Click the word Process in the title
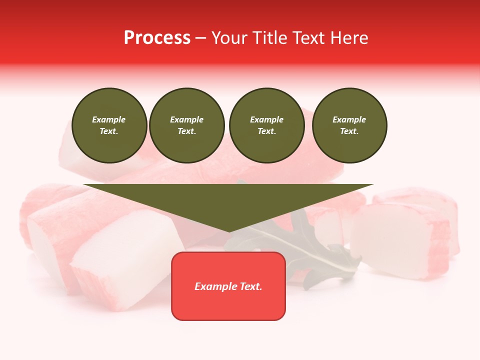tap(157, 38)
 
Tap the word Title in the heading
tap(267, 38)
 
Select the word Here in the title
tap(349, 38)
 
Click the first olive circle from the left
tap(109, 125)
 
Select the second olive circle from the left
tap(186, 125)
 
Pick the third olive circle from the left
tap(266, 125)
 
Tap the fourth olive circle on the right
tap(349, 125)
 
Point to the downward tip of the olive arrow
tap(229, 230)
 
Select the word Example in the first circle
tap(109, 119)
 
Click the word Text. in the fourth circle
tap(349, 131)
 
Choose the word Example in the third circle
tap(266, 119)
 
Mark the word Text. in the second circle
tap(186, 131)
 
